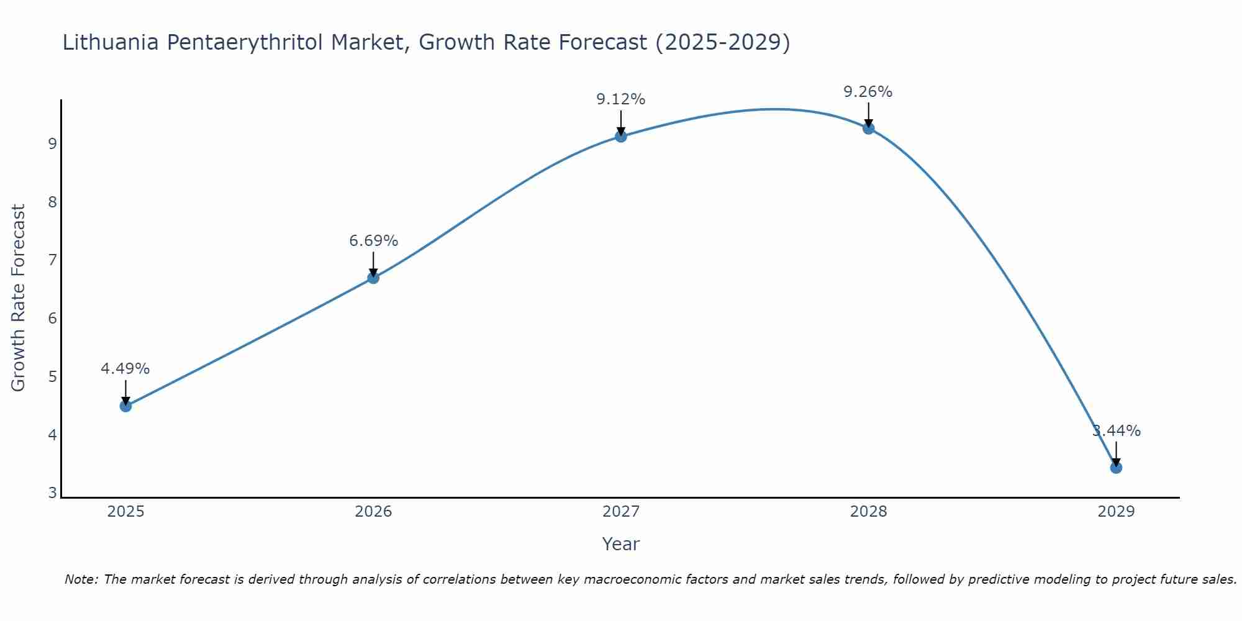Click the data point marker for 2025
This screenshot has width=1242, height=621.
[x=125, y=406]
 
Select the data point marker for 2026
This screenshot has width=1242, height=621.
[x=373, y=278]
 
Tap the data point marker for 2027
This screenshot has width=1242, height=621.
[x=621, y=136]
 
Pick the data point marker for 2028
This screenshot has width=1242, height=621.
[x=868, y=128]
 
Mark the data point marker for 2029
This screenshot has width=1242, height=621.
[x=1116, y=467]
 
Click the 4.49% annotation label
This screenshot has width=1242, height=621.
[x=125, y=369]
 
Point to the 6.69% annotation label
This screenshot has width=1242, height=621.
[x=373, y=241]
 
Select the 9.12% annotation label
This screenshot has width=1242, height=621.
[x=621, y=99]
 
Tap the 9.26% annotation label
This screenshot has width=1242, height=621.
[x=868, y=92]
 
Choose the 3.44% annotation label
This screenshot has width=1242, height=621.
[x=1117, y=431]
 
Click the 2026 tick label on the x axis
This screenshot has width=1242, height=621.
[x=373, y=512]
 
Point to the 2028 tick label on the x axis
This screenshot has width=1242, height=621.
[x=868, y=512]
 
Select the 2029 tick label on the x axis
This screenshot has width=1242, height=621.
[x=1116, y=512]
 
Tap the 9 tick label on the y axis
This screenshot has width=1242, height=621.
[x=52, y=144]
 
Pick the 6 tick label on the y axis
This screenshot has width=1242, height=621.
[x=52, y=319]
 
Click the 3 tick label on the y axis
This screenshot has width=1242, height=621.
[x=52, y=493]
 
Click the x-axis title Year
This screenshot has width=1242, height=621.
[x=621, y=544]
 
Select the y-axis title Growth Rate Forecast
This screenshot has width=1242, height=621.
[x=19, y=298]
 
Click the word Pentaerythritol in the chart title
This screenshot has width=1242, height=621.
[x=245, y=43]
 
